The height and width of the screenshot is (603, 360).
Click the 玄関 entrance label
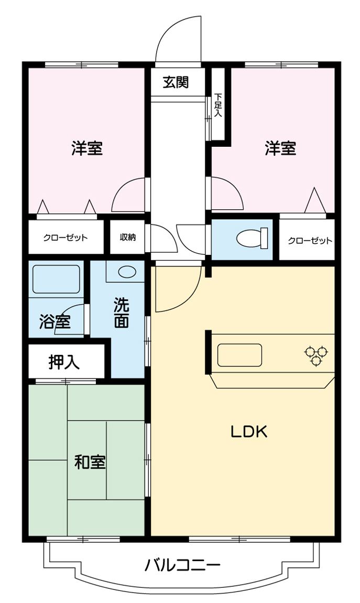pos(176,82)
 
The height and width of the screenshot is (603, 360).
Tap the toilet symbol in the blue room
pos(251,239)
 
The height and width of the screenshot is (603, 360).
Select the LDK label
pos(249,432)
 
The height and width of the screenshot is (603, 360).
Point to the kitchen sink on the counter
pos(239,355)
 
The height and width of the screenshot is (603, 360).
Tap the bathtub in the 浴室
pos(56,279)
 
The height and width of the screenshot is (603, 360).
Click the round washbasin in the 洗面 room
pos(126,272)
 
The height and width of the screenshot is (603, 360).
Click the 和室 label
pos(90,462)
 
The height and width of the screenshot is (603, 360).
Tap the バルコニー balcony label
pos(182,565)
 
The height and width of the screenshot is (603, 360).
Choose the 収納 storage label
pos(127,237)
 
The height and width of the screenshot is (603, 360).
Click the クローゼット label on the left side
pos(66,237)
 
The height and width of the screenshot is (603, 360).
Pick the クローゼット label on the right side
pos(310,241)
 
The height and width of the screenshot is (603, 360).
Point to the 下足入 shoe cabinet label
pos(218,105)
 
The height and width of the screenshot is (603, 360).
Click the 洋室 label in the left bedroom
pos(87,148)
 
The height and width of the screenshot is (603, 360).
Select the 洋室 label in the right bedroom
pos(280,148)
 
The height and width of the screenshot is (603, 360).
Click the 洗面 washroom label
pos(122,313)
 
